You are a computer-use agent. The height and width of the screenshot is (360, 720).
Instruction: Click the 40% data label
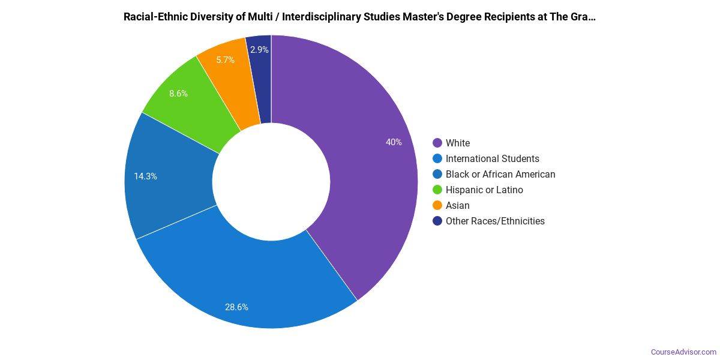click(x=394, y=142)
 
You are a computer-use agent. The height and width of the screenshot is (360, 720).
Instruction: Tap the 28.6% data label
click(x=236, y=307)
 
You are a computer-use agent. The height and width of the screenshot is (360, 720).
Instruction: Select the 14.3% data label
click(x=146, y=176)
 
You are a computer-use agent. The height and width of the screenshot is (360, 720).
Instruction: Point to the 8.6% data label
click(x=178, y=94)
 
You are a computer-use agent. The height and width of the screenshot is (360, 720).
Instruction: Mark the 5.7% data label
click(x=225, y=60)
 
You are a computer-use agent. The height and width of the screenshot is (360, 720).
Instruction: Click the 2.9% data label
click(x=259, y=50)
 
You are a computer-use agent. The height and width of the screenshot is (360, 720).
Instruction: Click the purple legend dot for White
click(x=437, y=143)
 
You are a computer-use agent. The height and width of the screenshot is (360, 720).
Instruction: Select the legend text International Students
click(x=492, y=158)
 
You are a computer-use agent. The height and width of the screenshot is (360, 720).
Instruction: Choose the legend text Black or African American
click(x=500, y=174)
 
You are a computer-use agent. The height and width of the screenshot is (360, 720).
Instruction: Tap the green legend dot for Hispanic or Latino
click(x=437, y=190)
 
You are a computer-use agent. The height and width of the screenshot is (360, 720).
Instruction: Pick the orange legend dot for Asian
click(x=437, y=205)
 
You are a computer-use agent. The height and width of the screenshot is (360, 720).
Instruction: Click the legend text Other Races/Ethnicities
click(x=495, y=221)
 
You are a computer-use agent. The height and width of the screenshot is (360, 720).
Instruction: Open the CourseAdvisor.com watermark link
click(x=683, y=352)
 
